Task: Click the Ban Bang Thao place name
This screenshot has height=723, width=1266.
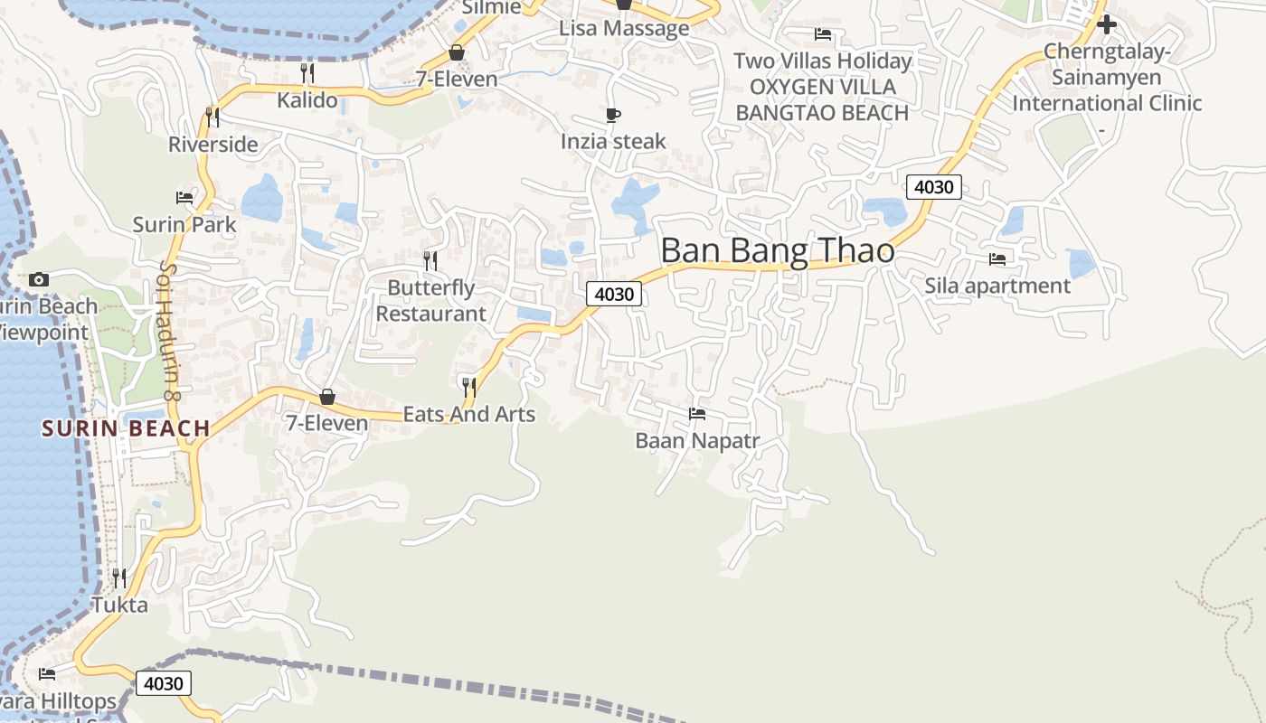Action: tap(778, 250)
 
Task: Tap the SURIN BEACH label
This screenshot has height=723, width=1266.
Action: tap(126, 428)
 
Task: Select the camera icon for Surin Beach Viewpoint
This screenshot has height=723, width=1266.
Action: tap(38, 279)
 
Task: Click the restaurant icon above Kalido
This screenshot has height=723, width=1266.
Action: tap(307, 73)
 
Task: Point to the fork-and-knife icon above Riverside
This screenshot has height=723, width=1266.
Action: tap(212, 117)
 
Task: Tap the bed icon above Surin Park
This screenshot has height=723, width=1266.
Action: tap(184, 198)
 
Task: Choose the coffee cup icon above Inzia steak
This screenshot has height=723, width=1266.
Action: tap(613, 116)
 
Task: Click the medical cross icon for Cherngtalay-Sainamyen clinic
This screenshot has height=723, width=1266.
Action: tap(1106, 24)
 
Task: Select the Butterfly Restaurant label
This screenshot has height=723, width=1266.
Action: tap(431, 301)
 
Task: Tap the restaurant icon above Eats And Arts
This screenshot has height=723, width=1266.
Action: tap(468, 388)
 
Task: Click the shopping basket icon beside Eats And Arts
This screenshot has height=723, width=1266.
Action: tap(327, 397)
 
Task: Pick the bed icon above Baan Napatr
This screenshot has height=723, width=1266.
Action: tap(696, 414)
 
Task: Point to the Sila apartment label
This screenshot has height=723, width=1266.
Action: tap(997, 286)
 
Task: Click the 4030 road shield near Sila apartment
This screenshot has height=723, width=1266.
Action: tap(934, 187)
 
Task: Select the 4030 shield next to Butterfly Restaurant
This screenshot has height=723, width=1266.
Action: tap(614, 294)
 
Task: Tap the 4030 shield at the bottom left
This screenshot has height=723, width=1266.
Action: tap(164, 683)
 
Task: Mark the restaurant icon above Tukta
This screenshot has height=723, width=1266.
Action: tap(118, 577)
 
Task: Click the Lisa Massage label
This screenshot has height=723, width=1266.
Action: tap(624, 28)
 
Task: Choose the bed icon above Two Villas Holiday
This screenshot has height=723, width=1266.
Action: tap(822, 34)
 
